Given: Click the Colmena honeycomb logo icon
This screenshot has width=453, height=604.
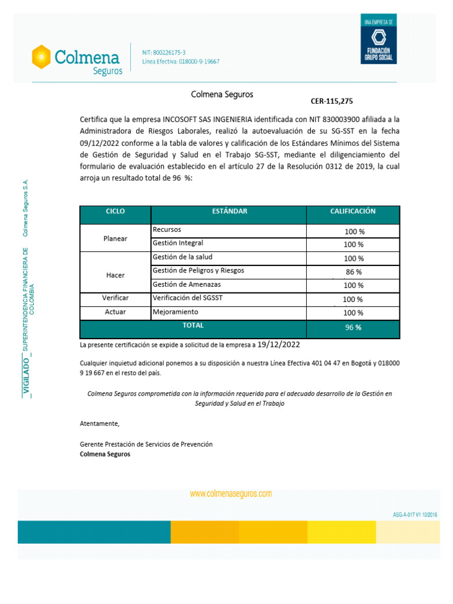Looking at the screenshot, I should pos(41,57).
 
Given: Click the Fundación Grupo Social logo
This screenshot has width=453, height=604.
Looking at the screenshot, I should pos(379,40).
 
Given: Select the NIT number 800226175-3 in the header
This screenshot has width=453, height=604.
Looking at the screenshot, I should pos(163,52).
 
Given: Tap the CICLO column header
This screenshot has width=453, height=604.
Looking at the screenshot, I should pos(115,211).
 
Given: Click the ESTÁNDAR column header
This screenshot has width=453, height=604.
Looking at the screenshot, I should pos(229,211).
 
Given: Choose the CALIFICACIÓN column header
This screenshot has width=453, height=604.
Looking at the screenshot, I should pos(353,211).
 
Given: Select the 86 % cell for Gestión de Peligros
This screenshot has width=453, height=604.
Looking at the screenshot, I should pos(353,272).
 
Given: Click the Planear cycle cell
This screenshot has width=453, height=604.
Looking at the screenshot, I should pos(115,238).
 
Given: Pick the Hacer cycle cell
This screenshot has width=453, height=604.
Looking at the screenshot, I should pos(115,275).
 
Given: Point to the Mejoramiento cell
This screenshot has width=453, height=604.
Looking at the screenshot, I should pos(175,311).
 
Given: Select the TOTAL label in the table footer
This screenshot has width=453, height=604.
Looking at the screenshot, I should pos(193,326).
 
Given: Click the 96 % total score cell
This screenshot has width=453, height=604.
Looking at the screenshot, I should pos(353,327).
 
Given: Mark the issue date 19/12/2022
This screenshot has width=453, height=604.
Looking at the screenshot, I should pos(279,344).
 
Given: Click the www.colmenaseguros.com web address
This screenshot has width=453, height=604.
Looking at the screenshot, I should pos(231,494).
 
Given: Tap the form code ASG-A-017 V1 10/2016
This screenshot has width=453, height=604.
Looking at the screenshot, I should pos(415,515).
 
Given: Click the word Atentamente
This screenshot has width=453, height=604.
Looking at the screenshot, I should pos(99,424).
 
